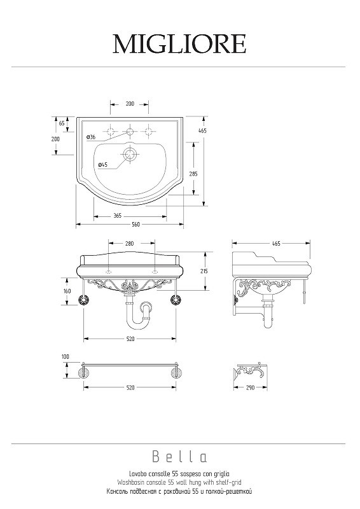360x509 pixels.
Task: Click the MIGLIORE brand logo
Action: tap(179, 44)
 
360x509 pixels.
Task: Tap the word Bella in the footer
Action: tap(179, 457)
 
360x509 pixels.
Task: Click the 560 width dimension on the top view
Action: tap(135, 225)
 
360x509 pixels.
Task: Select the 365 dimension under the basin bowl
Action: tap(118, 216)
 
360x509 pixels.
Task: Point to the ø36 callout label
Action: tap(91, 137)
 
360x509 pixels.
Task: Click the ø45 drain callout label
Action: tap(102, 165)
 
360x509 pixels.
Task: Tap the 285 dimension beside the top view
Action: tap(193, 174)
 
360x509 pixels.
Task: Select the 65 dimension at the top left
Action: tap(62, 123)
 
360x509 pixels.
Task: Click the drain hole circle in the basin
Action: tap(130, 153)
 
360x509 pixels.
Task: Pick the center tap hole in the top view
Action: tap(130, 132)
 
